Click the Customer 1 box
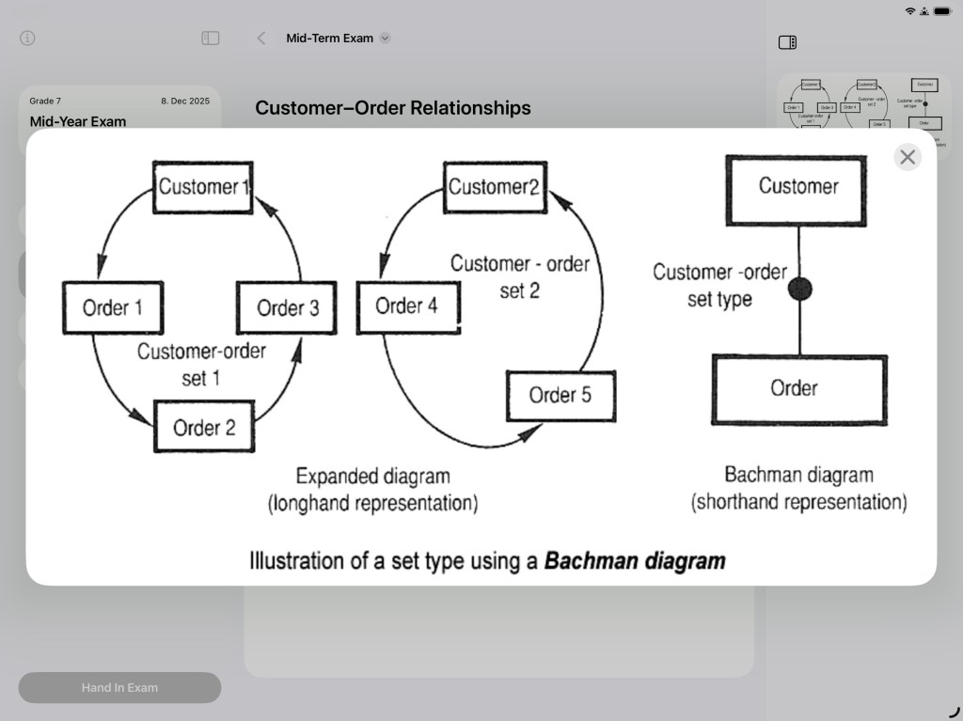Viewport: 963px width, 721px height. pos(203,186)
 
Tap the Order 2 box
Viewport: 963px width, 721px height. pos(204,428)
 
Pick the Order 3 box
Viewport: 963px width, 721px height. pos(287,307)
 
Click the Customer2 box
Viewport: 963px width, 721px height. pos(494,186)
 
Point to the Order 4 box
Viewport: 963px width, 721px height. pos(407,306)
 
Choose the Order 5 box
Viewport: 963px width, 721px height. pos(560,395)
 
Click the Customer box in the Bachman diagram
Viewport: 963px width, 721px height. pos(798,186)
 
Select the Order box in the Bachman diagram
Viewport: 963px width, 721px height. pos(798,388)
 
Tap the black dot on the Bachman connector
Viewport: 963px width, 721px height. pos(799,290)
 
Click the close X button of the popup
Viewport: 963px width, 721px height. pos(908,157)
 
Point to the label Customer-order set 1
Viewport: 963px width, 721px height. pos(201,365)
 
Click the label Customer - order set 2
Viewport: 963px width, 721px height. pos(519,276)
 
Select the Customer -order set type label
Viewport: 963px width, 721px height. pos(719,286)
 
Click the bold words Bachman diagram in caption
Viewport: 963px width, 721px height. pos(635,561)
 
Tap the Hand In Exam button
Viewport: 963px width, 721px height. pos(119,687)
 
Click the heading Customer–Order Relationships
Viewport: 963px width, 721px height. pos(393,108)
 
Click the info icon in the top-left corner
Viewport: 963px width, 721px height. pos(27,39)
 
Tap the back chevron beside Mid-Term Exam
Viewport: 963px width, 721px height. pos(261,39)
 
